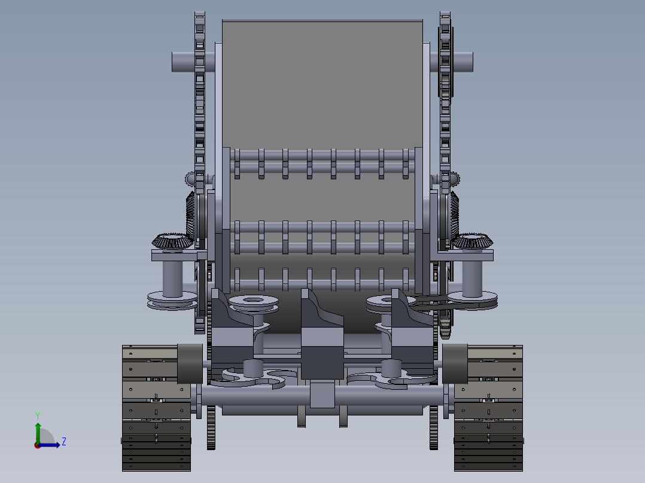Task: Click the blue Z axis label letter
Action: point(63,442)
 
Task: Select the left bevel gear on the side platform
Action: point(171,241)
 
